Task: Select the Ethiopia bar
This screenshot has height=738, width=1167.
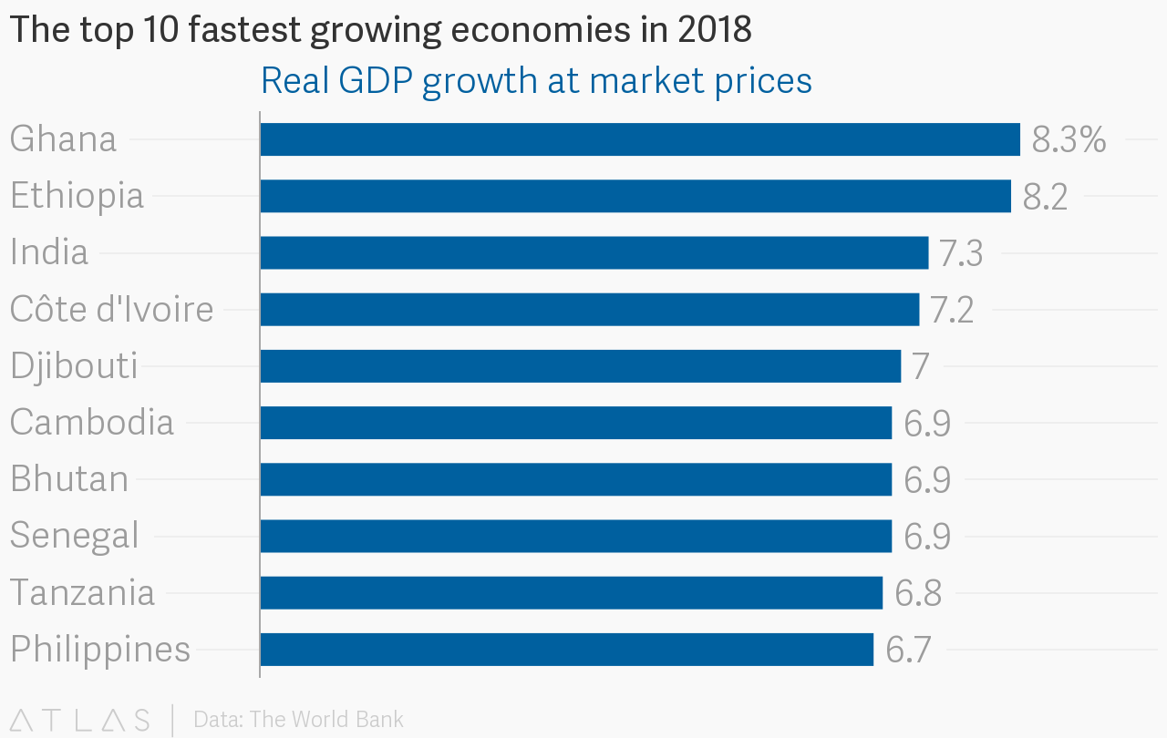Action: (635, 196)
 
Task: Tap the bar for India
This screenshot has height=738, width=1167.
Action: (594, 252)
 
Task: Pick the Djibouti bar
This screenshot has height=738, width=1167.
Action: (581, 365)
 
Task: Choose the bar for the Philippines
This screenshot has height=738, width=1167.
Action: (567, 649)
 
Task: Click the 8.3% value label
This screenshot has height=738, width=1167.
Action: (1069, 140)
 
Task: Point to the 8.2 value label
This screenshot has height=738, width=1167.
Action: (1045, 197)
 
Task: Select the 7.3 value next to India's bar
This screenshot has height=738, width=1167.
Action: (961, 253)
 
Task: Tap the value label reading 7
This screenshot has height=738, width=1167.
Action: (920, 366)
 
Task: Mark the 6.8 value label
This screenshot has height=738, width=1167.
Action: (917, 593)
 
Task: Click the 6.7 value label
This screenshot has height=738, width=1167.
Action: (908, 650)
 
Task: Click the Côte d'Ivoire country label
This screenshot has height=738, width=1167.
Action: (111, 309)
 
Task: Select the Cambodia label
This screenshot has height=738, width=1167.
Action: (91, 422)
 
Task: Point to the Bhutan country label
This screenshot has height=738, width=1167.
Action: (69, 479)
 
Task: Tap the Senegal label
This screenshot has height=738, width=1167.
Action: (74, 536)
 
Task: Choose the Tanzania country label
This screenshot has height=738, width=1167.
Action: (82, 592)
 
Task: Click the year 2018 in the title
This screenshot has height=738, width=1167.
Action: (714, 30)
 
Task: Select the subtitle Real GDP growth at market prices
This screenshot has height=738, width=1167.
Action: (536, 81)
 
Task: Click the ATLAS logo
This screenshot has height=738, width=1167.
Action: (79, 720)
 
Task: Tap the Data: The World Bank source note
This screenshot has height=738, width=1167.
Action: (298, 720)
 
